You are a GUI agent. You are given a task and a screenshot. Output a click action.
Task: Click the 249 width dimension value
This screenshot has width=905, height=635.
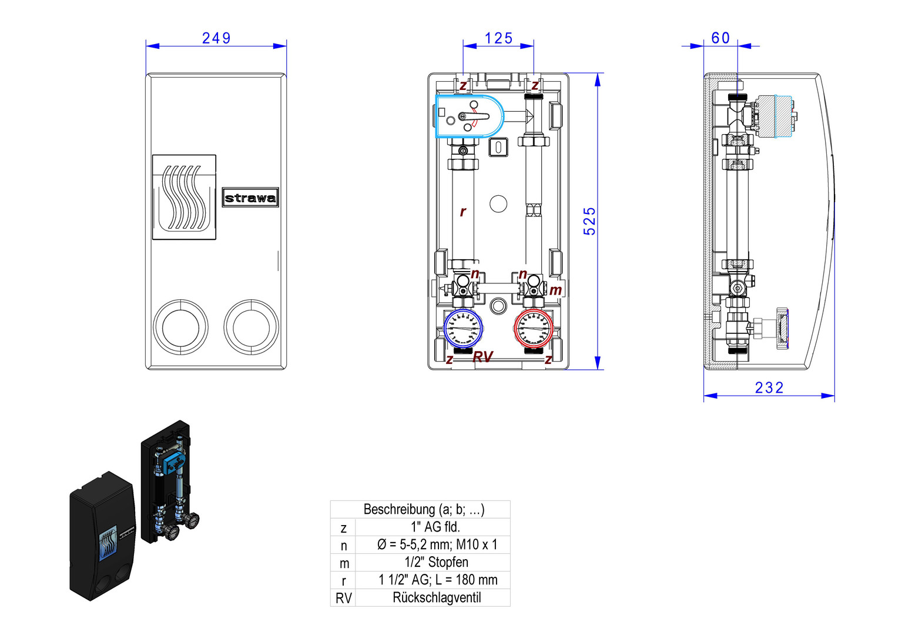click(x=216, y=38)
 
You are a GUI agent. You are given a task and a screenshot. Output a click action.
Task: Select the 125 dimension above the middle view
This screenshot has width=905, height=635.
click(x=498, y=38)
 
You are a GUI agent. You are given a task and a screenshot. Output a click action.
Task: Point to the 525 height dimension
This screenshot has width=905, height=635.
click(x=589, y=221)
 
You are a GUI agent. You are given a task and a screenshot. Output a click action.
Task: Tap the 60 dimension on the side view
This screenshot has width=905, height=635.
click(x=720, y=38)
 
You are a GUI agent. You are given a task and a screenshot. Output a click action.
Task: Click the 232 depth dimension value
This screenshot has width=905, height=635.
click(x=769, y=387)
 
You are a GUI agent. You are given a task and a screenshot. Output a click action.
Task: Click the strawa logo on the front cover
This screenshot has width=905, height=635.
click(x=250, y=198)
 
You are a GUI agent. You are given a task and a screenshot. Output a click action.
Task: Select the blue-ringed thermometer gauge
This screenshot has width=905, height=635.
click(x=463, y=328)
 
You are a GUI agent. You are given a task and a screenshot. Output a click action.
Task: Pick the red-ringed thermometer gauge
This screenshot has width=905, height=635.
click(x=533, y=328)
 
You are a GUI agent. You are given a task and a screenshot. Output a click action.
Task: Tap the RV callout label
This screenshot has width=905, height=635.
click(x=482, y=357)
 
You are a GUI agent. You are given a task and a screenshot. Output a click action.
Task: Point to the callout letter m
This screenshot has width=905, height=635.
click(x=555, y=290)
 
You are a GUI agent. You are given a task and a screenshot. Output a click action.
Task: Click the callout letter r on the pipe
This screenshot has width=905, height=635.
click(x=463, y=212)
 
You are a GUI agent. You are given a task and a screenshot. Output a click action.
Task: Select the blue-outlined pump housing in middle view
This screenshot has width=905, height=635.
click(x=469, y=116)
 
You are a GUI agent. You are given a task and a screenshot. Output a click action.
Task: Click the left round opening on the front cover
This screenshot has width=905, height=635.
click(x=180, y=327)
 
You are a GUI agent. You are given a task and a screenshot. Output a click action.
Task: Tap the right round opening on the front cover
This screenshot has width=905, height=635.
click(x=251, y=327)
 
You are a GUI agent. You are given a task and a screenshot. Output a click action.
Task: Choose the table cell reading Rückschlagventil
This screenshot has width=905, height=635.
click(x=437, y=598)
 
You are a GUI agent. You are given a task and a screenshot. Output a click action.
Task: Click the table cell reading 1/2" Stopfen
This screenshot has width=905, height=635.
click(x=437, y=563)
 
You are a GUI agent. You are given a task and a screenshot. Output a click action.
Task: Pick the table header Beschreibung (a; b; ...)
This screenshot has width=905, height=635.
click(x=424, y=509)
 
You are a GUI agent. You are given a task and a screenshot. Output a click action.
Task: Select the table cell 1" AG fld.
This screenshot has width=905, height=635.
click(x=435, y=527)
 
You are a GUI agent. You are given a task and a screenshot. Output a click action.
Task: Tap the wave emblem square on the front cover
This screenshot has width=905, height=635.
click(x=184, y=197)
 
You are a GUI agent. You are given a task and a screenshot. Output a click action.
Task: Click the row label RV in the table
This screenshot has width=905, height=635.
click(x=344, y=599)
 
